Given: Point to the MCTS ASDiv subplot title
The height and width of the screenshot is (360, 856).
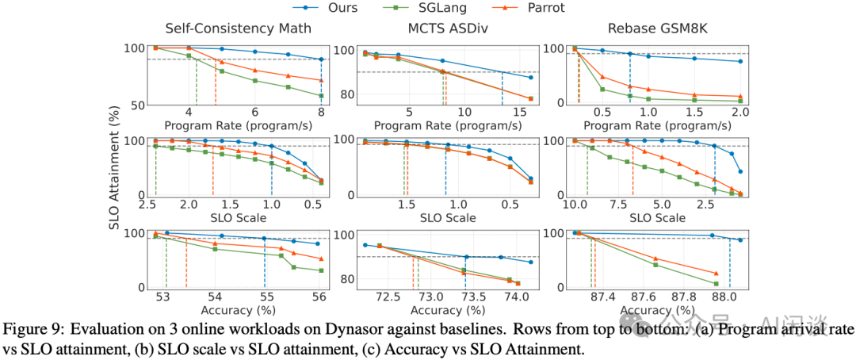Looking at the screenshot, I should click(449, 30).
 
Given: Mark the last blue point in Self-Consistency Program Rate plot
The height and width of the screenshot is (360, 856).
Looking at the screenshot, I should click(321, 59).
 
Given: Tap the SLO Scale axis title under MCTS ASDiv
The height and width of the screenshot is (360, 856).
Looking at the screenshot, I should click(448, 218).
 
